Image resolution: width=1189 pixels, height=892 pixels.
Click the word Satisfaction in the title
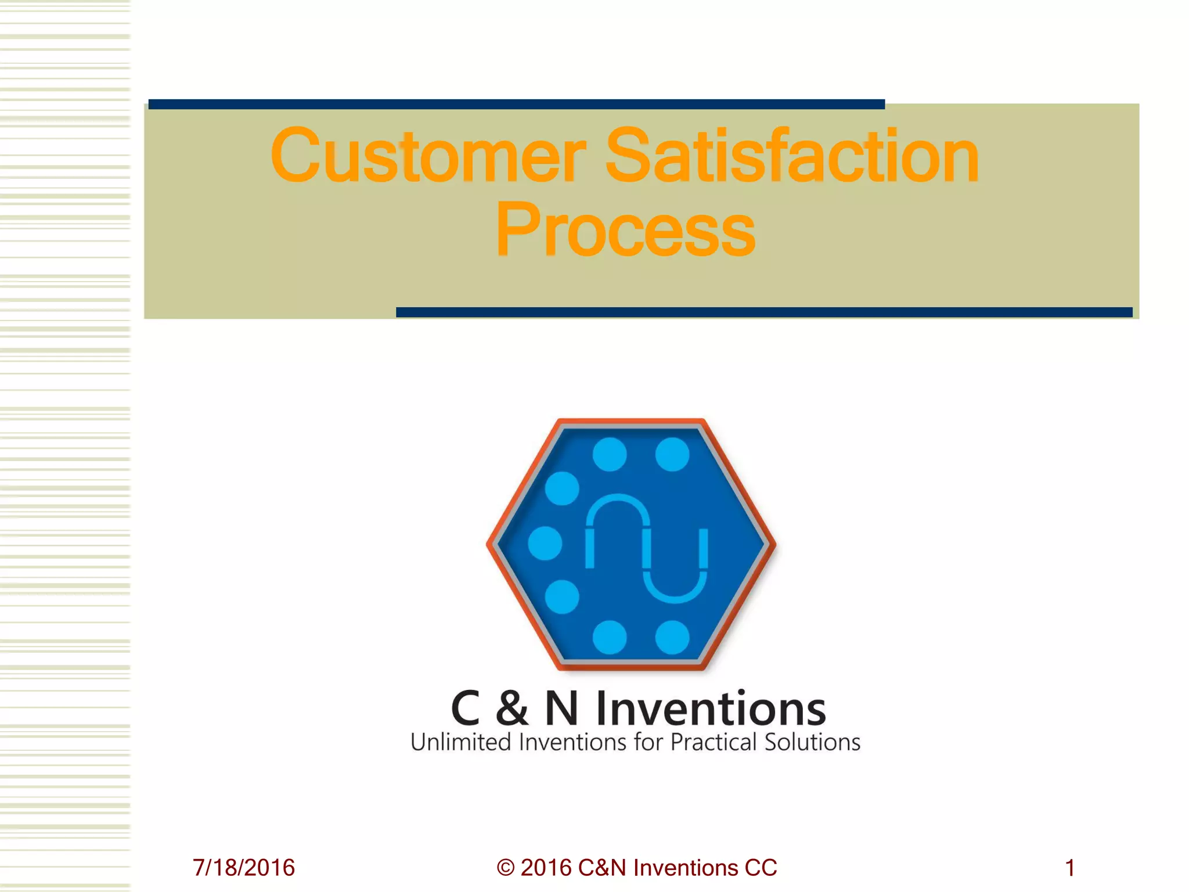[792, 156]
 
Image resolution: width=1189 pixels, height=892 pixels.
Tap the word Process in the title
[625, 230]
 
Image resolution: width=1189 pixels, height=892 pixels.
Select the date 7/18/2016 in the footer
[244, 868]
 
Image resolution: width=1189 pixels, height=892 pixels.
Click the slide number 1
[1069, 868]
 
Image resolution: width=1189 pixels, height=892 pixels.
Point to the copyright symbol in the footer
[506, 868]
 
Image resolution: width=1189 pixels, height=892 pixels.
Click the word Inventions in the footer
[686, 868]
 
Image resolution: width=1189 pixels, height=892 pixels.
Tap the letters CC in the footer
[761, 868]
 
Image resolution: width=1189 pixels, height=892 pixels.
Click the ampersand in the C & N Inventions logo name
[512, 708]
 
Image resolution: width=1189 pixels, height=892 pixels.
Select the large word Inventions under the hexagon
[711, 708]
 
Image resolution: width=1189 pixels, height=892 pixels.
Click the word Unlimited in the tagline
[460, 743]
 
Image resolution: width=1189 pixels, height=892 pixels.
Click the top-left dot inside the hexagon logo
[610, 454]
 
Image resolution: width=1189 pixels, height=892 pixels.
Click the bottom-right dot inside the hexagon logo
[672, 638]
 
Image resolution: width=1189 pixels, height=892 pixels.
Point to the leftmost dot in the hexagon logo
[545, 543]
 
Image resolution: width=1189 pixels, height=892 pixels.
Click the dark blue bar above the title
[516, 105]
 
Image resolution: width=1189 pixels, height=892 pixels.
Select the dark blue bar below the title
[764, 312]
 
